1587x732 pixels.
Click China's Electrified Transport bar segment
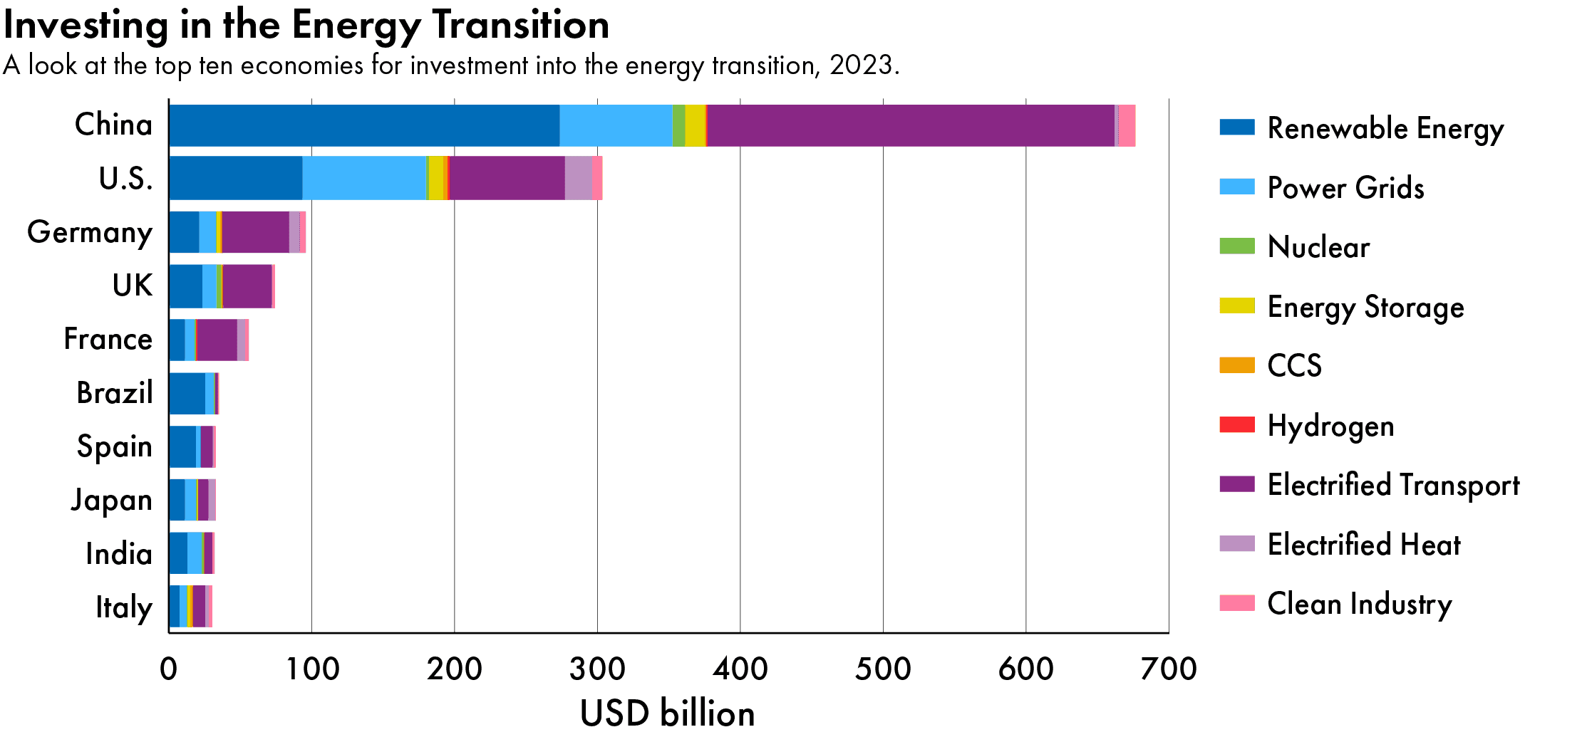910,126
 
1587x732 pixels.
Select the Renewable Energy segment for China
363,126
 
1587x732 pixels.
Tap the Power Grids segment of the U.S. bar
363,178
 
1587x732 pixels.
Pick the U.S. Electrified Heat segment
578,178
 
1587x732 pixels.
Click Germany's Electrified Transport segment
255,232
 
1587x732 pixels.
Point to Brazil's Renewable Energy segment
187,393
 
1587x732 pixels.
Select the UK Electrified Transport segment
247,286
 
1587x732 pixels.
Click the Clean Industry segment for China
1127,126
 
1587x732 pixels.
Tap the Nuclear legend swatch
1236,246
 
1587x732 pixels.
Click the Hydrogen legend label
1330,426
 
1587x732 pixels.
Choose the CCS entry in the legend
1294,365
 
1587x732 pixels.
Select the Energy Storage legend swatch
1236,306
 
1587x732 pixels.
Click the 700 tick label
1168,669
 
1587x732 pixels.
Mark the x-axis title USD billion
667,713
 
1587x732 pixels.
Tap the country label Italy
124,607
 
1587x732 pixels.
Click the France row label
108,339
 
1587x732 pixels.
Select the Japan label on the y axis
112,500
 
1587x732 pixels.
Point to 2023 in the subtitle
861,65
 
